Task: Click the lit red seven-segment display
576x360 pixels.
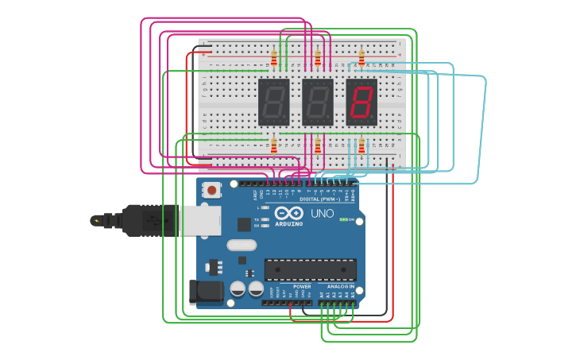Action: coord(361,102)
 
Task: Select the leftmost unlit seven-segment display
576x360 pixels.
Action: coord(274,102)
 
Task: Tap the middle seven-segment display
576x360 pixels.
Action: coord(318,102)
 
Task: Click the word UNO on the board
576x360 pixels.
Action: coord(322,214)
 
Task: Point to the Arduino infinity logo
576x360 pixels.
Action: coord(289,213)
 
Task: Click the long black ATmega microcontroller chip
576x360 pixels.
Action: coord(310,269)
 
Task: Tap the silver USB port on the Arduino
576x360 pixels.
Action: coord(199,220)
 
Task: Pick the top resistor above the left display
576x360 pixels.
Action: coord(274,58)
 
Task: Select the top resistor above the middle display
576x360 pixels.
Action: coord(318,58)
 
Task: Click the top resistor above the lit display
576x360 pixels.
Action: coord(361,57)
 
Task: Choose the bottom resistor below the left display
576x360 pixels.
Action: coord(274,145)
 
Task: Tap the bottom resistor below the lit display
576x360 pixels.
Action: coord(361,145)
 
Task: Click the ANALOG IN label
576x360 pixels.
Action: coord(340,286)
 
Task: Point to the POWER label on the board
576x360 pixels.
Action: coord(302,286)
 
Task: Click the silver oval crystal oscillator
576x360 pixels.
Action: coord(242,245)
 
